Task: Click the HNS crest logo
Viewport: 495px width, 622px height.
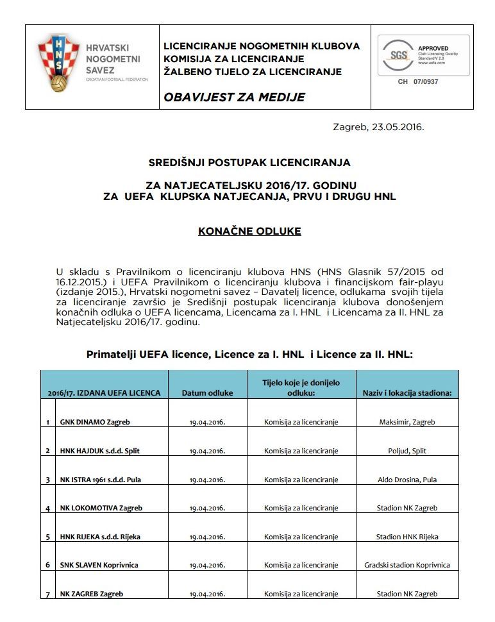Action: [59, 63]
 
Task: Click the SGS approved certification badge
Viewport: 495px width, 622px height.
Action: [423, 56]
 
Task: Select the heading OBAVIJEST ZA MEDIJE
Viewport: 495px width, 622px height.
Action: [234, 97]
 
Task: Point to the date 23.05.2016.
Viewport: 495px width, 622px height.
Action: [397, 127]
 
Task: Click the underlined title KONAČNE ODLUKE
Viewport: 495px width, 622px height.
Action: [249, 231]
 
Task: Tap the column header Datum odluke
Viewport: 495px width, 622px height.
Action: [207, 392]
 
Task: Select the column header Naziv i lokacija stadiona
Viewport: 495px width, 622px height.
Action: [407, 392]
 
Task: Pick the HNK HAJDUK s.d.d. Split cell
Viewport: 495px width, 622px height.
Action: [100, 451]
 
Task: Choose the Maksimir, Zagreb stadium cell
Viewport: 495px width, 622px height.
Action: [407, 423]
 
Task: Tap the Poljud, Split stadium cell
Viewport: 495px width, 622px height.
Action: [407, 451]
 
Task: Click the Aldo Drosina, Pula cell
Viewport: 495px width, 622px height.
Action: [407, 480]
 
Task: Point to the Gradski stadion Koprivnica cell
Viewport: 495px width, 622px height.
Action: [407, 565]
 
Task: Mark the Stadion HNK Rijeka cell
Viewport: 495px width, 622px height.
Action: [407, 537]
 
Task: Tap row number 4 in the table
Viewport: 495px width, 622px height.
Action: [48, 509]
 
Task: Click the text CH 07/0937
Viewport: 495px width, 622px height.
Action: [418, 82]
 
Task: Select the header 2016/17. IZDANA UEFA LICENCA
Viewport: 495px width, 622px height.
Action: [104, 392]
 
